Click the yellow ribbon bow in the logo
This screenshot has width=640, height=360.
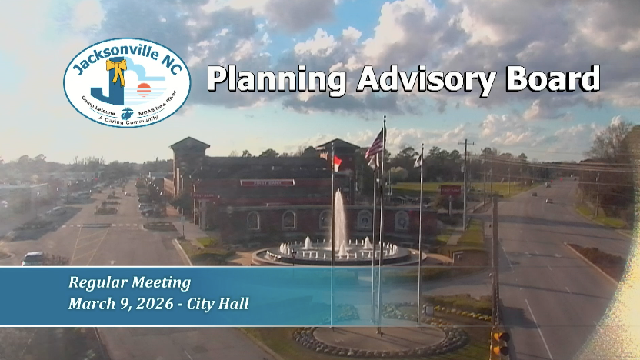click(x=116, y=72)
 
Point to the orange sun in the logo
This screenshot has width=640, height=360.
click(x=143, y=88)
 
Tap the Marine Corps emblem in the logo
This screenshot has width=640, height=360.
click(x=127, y=113)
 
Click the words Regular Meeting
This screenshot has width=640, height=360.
click(x=129, y=282)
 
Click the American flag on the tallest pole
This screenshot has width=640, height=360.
click(x=375, y=145)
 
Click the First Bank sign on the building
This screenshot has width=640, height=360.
click(x=267, y=182)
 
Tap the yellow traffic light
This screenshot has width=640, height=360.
click(x=501, y=343)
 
